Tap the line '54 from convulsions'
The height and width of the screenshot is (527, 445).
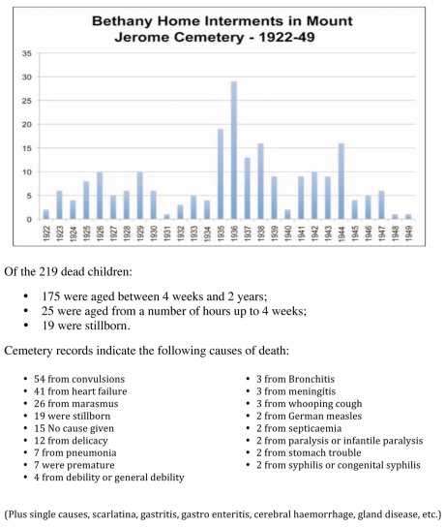point(77,376)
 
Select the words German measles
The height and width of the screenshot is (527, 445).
point(318,414)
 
